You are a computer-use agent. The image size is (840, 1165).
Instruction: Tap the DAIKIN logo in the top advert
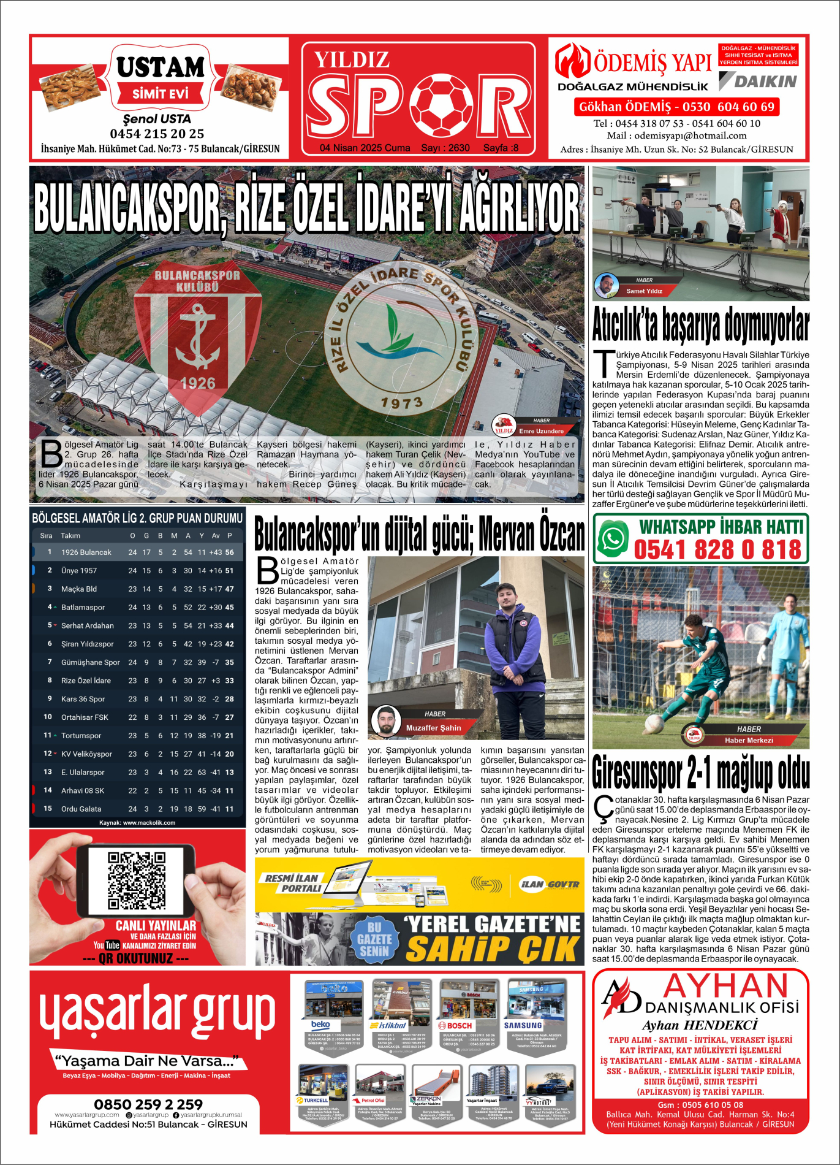(x=759, y=81)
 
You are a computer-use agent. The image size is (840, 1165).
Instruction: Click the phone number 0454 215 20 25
(x=157, y=134)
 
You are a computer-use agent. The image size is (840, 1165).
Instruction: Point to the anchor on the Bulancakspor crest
(x=197, y=337)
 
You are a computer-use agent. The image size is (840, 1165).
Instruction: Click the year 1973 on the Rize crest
(x=401, y=402)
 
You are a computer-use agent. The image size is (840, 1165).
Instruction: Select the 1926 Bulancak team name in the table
(x=86, y=552)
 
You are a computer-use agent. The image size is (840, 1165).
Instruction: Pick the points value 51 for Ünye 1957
(x=229, y=571)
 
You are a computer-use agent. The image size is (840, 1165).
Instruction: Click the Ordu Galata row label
(x=81, y=809)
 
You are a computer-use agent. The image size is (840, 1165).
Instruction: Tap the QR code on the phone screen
(x=136, y=880)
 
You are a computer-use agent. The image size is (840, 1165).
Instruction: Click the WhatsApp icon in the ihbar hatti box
(x=613, y=539)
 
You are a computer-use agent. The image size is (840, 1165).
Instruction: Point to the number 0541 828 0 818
(x=717, y=549)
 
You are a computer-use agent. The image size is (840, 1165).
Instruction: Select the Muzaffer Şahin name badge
(x=433, y=728)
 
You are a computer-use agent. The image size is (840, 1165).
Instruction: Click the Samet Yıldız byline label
(x=644, y=291)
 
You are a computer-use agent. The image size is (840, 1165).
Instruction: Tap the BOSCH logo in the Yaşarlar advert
(x=455, y=1025)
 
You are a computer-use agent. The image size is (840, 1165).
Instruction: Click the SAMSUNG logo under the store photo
(x=523, y=1025)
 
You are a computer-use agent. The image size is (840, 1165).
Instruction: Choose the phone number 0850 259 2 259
(x=148, y=1104)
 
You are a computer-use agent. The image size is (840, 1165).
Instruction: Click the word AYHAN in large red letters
(x=726, y=987)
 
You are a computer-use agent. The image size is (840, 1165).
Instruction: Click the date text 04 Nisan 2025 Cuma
(x=365, y=148)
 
